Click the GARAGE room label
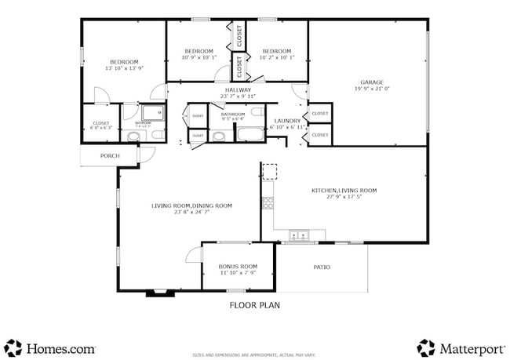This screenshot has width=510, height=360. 371,82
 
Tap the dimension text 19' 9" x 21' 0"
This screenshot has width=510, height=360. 371,89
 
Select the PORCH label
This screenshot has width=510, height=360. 110,156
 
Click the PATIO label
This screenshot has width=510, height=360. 322,267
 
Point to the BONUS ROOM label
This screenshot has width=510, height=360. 238,267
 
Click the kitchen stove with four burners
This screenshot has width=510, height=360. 268,204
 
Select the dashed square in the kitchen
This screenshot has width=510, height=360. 270,171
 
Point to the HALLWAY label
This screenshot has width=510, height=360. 238,91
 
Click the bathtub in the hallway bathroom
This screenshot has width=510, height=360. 250,133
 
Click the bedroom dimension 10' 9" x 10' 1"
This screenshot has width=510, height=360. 199,56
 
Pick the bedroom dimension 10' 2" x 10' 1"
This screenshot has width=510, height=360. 277,56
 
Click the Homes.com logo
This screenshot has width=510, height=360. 51,347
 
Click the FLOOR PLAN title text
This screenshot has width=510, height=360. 254,305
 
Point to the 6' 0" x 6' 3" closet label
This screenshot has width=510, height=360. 101,127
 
